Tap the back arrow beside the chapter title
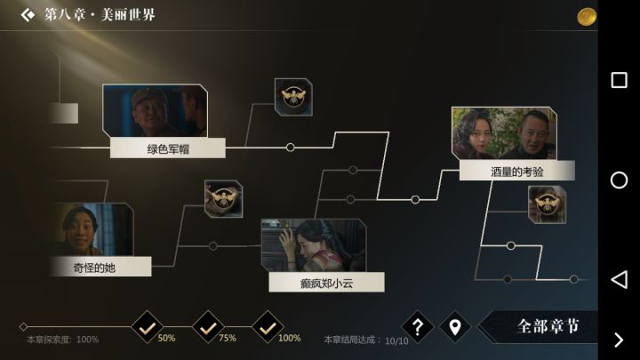pyautogui.click(x=28, y=15)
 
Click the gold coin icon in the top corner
pyautogui.click(x=587, y=17)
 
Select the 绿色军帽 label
pyautogui.click(x=168, y=148)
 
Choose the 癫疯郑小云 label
pyautogui.click(x=326, y=283)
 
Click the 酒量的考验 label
pyautogui.click(x=517, y=171)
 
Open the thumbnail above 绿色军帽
pyautogui.click(x=155, y=110)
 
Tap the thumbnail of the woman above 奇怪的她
pyautogui.click(x=92, y=229)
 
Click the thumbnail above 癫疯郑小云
pyautogui.click(x=314, y=245)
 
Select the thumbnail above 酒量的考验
pyautogui.click(x=504, y=133)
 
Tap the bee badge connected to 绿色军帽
pyautogui.click(x=293, y=97)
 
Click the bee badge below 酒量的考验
pyautogui.click(x=547, y=204)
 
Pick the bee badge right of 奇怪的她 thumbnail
pyautogui.click(x=224, y=199)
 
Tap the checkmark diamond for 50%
pyautogui.click(x=148, y=327)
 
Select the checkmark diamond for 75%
pyautogui.click(x=208, y=327)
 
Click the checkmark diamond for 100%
pyautogui.click(x=268, y=327)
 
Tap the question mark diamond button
pyautogui.click(x=417, y=327)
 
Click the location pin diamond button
pyautogui.click(x=455, y=327)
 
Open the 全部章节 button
pyautogui.click(x=539, y=326)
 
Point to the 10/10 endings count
pyautogui.click(x=396, y=340)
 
